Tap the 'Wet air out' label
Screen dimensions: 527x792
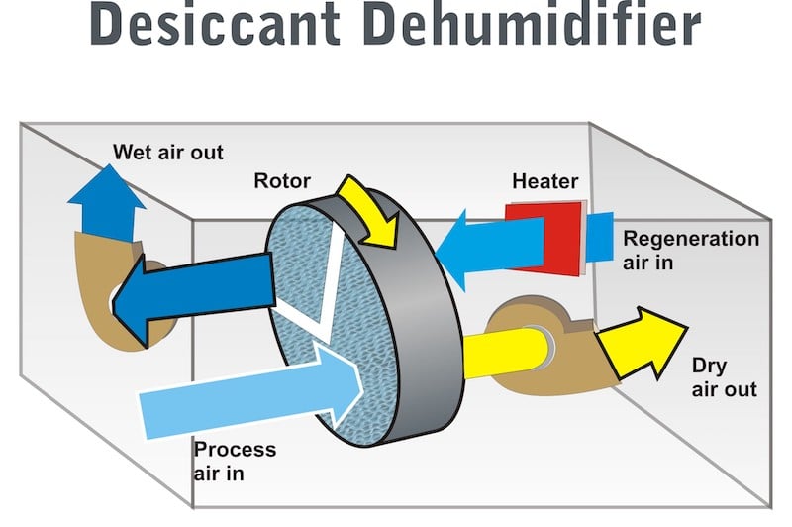[168, 153]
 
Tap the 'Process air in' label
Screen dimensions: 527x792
[235, 462]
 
